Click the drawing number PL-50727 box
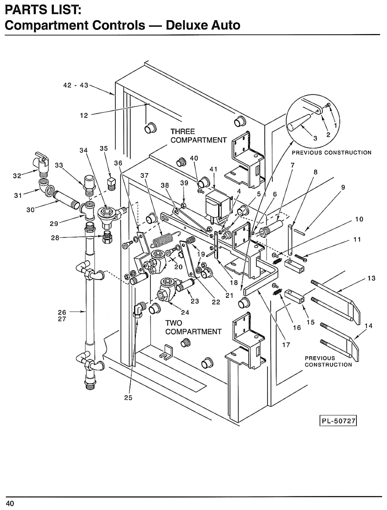338,421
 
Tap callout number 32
17,176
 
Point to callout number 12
84,115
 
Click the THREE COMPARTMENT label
198,136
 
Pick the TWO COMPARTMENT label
193,327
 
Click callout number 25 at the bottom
128,398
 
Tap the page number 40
10,504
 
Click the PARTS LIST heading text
43,11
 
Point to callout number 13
371,278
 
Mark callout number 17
286,345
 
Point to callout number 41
213,169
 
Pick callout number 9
343,187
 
